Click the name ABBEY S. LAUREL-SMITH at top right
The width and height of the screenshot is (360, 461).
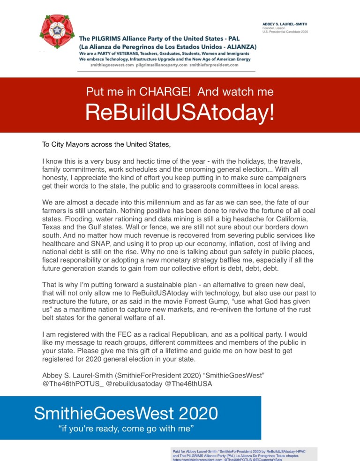(288, 23)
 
